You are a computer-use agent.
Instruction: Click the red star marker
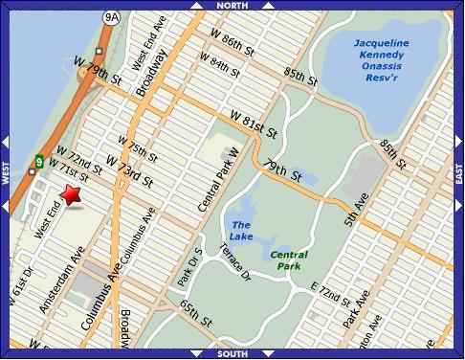pyautogui.click(x=72, y=195)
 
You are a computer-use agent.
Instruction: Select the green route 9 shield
pyautogui.click(x=39, y=161)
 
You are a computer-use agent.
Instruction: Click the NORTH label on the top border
pyautogui.click(x=232, y=6)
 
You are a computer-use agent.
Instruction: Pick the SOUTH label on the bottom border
pyautogui.click(x=232, y=353)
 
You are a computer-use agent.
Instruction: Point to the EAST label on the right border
pyautogui.click(x=458, y=175)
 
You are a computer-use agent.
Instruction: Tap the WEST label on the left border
pyautogui.click(x=6, y=175)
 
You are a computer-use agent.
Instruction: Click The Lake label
pyautogui.click(x=241, y=231)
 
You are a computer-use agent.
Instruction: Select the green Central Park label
pyautogui.click(x=288, y=260)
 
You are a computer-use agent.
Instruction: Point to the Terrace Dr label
pyautogui.click(x=234, y=262)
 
